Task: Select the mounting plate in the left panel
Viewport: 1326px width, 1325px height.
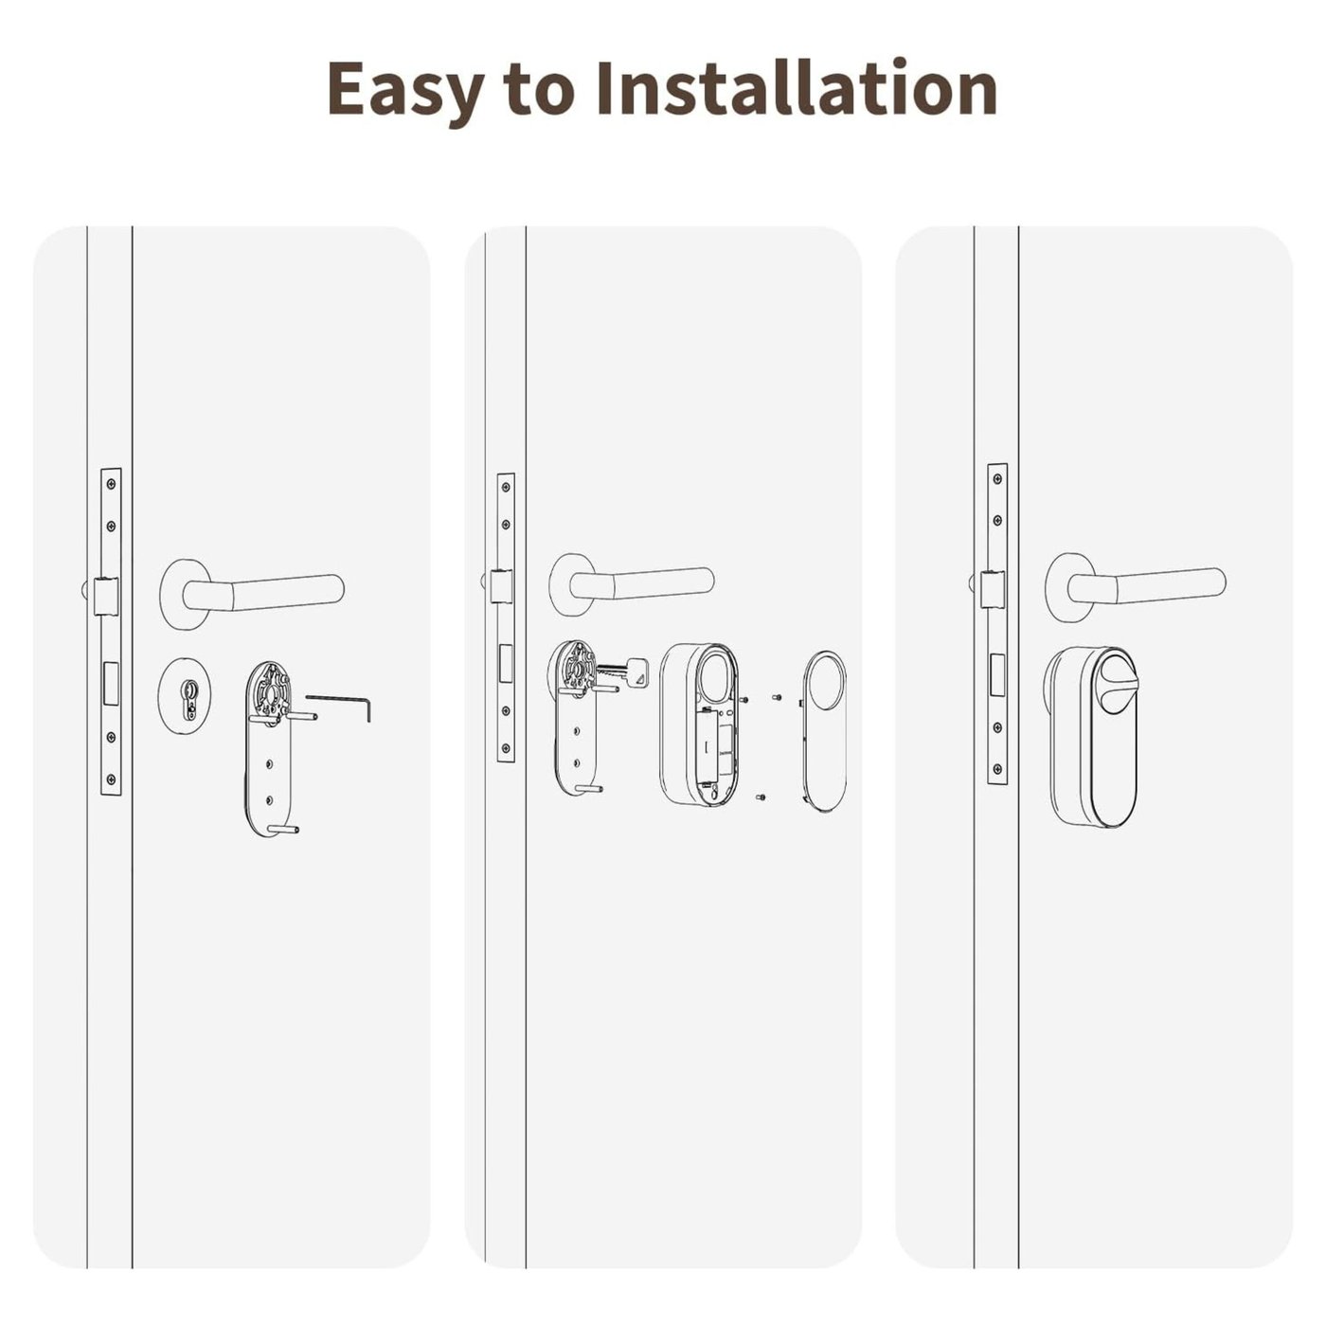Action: pyautogui.click(x=268, y=748)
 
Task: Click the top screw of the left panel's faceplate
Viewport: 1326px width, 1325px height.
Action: pyautogui.click(x=112, y=484)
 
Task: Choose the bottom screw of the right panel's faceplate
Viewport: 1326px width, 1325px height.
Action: pyautogui.click(x=997, y=768)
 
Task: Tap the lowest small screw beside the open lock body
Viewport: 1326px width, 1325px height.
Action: pyautogui.click(x=761, y=797)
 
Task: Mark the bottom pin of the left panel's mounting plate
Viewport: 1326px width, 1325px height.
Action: pyautogui.click(x=284, y=829)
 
